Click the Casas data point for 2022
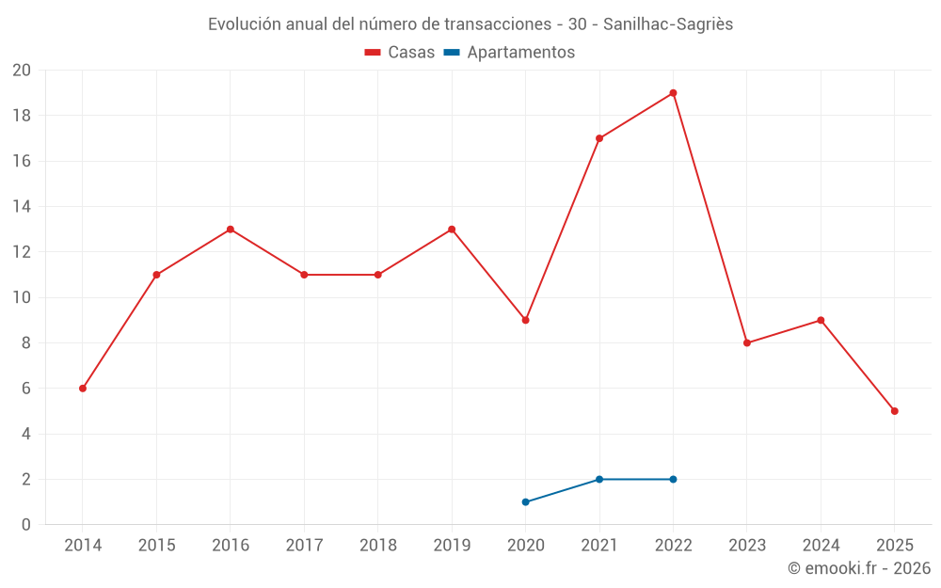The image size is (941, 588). pos(673,93)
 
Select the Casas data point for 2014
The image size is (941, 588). pos(83,389)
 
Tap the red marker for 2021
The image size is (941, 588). pos(599,138)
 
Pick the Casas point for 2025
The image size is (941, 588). pos(894,411)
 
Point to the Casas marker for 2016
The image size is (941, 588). pos(231,230)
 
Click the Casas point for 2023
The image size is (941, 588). pos(747,343)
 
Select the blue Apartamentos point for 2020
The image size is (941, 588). pos(525,502)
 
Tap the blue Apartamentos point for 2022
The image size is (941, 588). pos(673,480)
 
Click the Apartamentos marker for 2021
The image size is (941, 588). pos(599,480)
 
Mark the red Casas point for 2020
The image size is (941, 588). pos(525,321)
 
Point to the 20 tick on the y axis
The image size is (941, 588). pos(21,71)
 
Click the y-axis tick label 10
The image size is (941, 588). pos(21,297)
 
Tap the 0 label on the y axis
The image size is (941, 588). pos(26,525)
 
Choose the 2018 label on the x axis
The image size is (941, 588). pos(378,546)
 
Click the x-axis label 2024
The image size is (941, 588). pos(821,546)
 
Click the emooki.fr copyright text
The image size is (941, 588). pos(859,568)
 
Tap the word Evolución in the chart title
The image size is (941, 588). pos(244,24)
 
